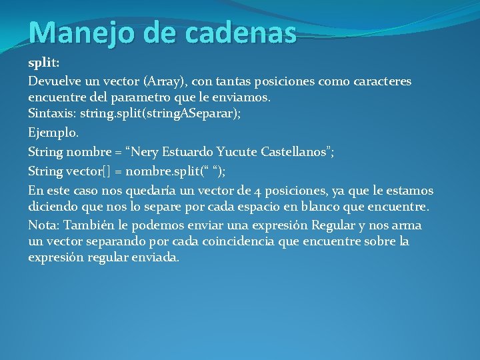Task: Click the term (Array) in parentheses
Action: point(165,81)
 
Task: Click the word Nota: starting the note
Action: point(45,225)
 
